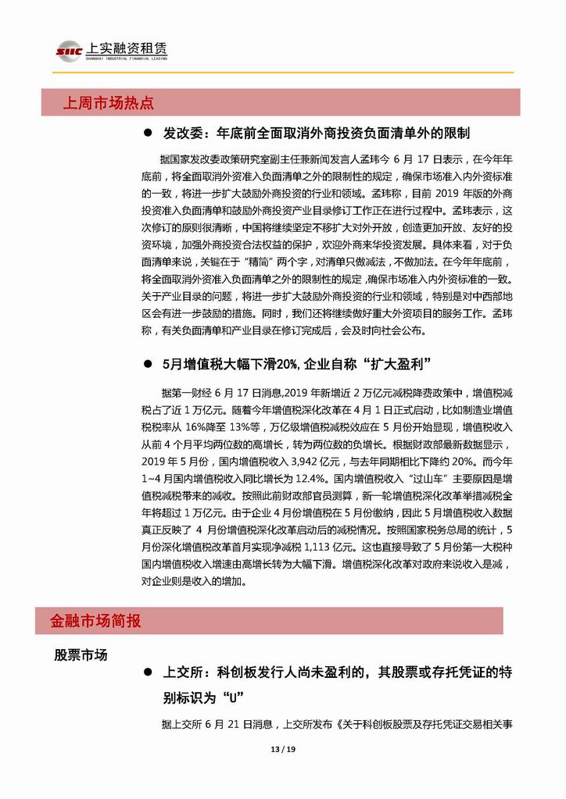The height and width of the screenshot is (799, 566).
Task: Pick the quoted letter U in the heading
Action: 230,696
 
